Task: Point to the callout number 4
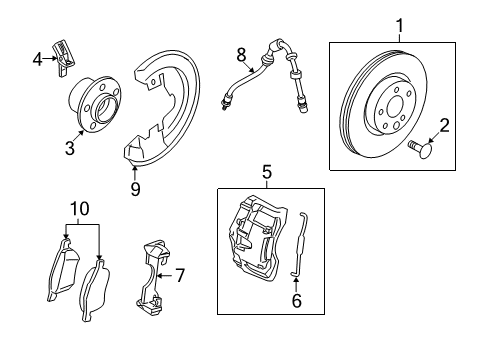[37, 58]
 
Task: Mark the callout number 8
[240, 52]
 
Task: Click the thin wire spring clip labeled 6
[306, 245]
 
